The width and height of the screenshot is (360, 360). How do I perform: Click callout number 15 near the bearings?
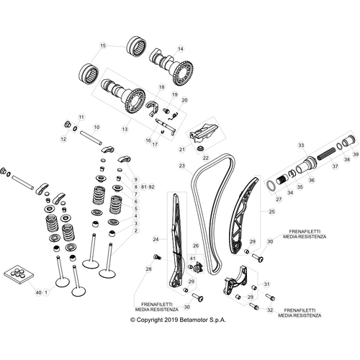(103, 45)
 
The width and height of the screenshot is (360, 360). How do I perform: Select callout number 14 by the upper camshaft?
(181, 48)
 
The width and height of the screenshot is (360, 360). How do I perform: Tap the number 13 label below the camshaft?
(125, 129)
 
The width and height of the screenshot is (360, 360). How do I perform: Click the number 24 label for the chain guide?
(155, 238)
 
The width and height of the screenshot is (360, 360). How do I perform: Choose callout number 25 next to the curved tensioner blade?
(272, 212)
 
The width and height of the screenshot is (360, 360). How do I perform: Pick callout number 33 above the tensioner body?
(301, 145)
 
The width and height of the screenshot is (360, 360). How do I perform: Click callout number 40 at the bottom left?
(37, 293)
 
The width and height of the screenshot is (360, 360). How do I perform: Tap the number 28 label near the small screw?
(148, 269)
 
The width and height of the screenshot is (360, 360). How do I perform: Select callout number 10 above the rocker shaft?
(96, 127)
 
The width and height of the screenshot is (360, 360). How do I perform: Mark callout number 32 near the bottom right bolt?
(270, 310)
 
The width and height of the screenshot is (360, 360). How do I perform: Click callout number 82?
(152, 187)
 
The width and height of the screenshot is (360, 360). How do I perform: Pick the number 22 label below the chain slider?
(206, 158)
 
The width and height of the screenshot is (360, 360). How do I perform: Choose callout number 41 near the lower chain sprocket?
(192, 258)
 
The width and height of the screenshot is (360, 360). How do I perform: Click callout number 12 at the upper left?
(63, 138)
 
